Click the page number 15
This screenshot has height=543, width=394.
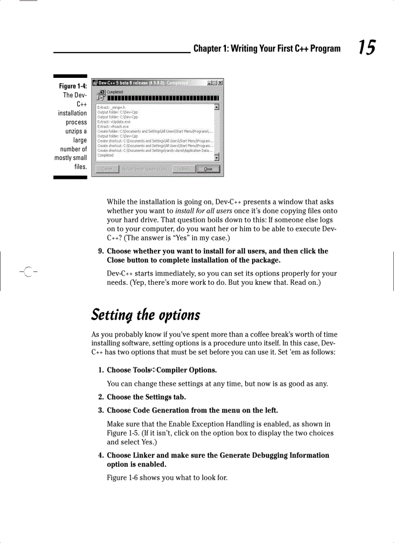(x=366, y=48)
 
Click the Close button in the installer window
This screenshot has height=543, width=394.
(x=208, y=169)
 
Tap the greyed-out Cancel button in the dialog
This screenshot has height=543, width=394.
(x=107, y=169)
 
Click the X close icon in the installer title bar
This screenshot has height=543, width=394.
(x=220, y=83)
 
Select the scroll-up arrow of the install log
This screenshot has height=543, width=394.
(x=217, y=107)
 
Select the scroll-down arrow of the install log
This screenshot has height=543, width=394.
(x=217, y=157)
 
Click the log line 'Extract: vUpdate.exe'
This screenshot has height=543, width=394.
(x=114, y=122)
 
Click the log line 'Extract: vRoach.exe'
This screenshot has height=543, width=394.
(x=113, y=127)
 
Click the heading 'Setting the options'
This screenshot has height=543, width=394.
(x=145, y=315)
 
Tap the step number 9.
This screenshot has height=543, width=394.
(x=100, y=251)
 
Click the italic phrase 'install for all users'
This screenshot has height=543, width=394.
(x=204, y=211)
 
